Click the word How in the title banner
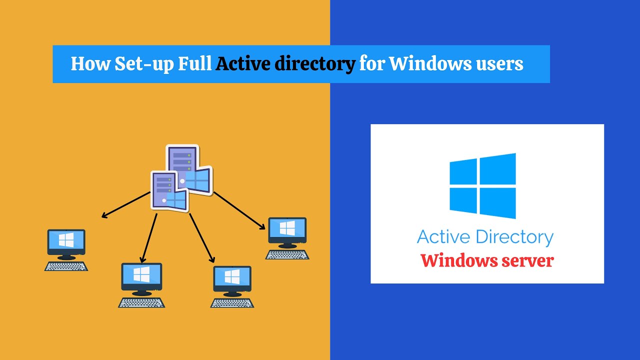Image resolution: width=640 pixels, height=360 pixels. [x=88, y=64]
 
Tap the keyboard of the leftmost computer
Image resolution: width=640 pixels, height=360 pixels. [x=66, y=266]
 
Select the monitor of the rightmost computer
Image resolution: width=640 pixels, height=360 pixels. [x=287, y=230]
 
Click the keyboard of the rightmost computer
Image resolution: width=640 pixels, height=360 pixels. [x=287, y=254]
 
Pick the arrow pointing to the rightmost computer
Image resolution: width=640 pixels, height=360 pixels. [x=239, y=210]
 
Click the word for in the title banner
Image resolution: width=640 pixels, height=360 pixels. [x=372, y=64]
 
